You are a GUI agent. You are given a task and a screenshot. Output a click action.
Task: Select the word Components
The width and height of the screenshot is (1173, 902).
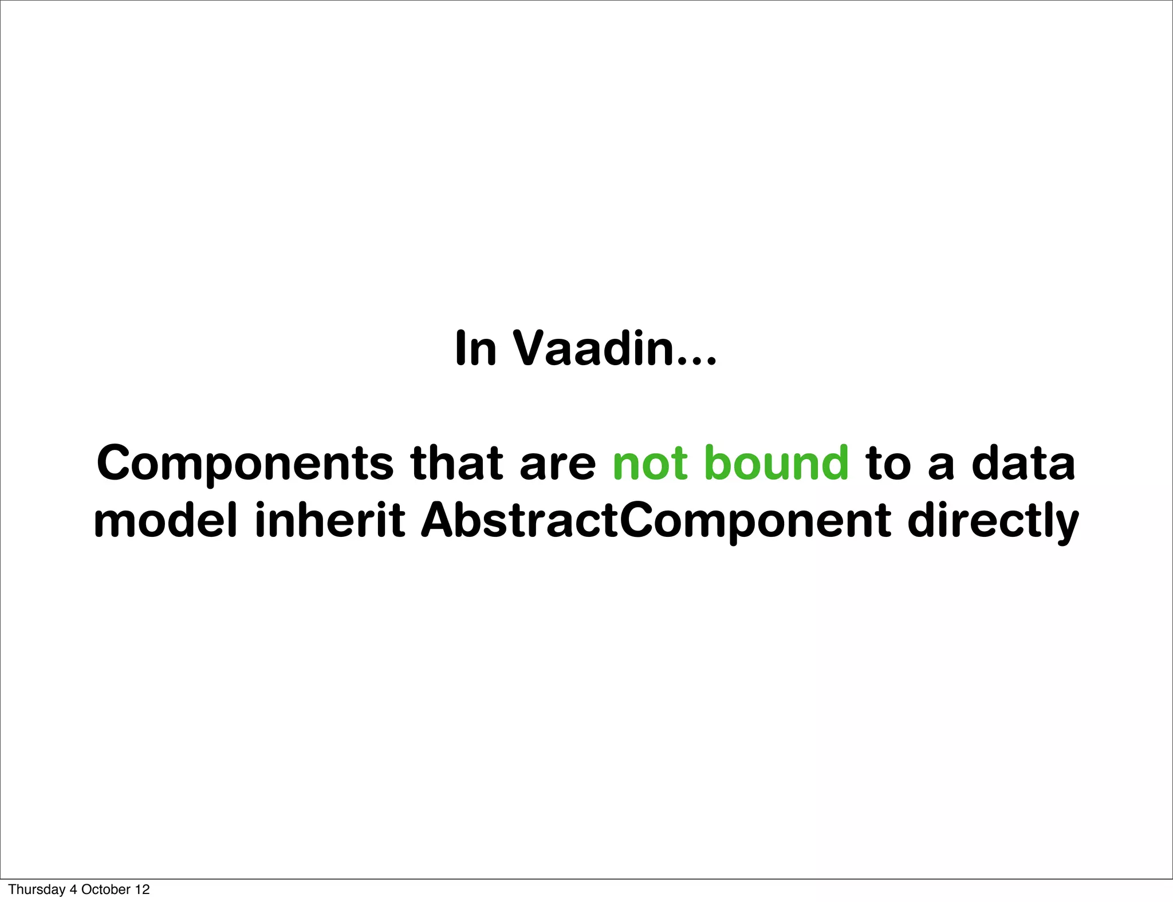(x=245, y=464)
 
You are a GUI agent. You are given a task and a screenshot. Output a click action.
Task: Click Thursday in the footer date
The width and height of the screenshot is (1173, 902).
(x=37, y=889)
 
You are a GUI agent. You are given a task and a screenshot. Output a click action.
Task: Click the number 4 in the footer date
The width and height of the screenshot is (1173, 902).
(x=73, y=889)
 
